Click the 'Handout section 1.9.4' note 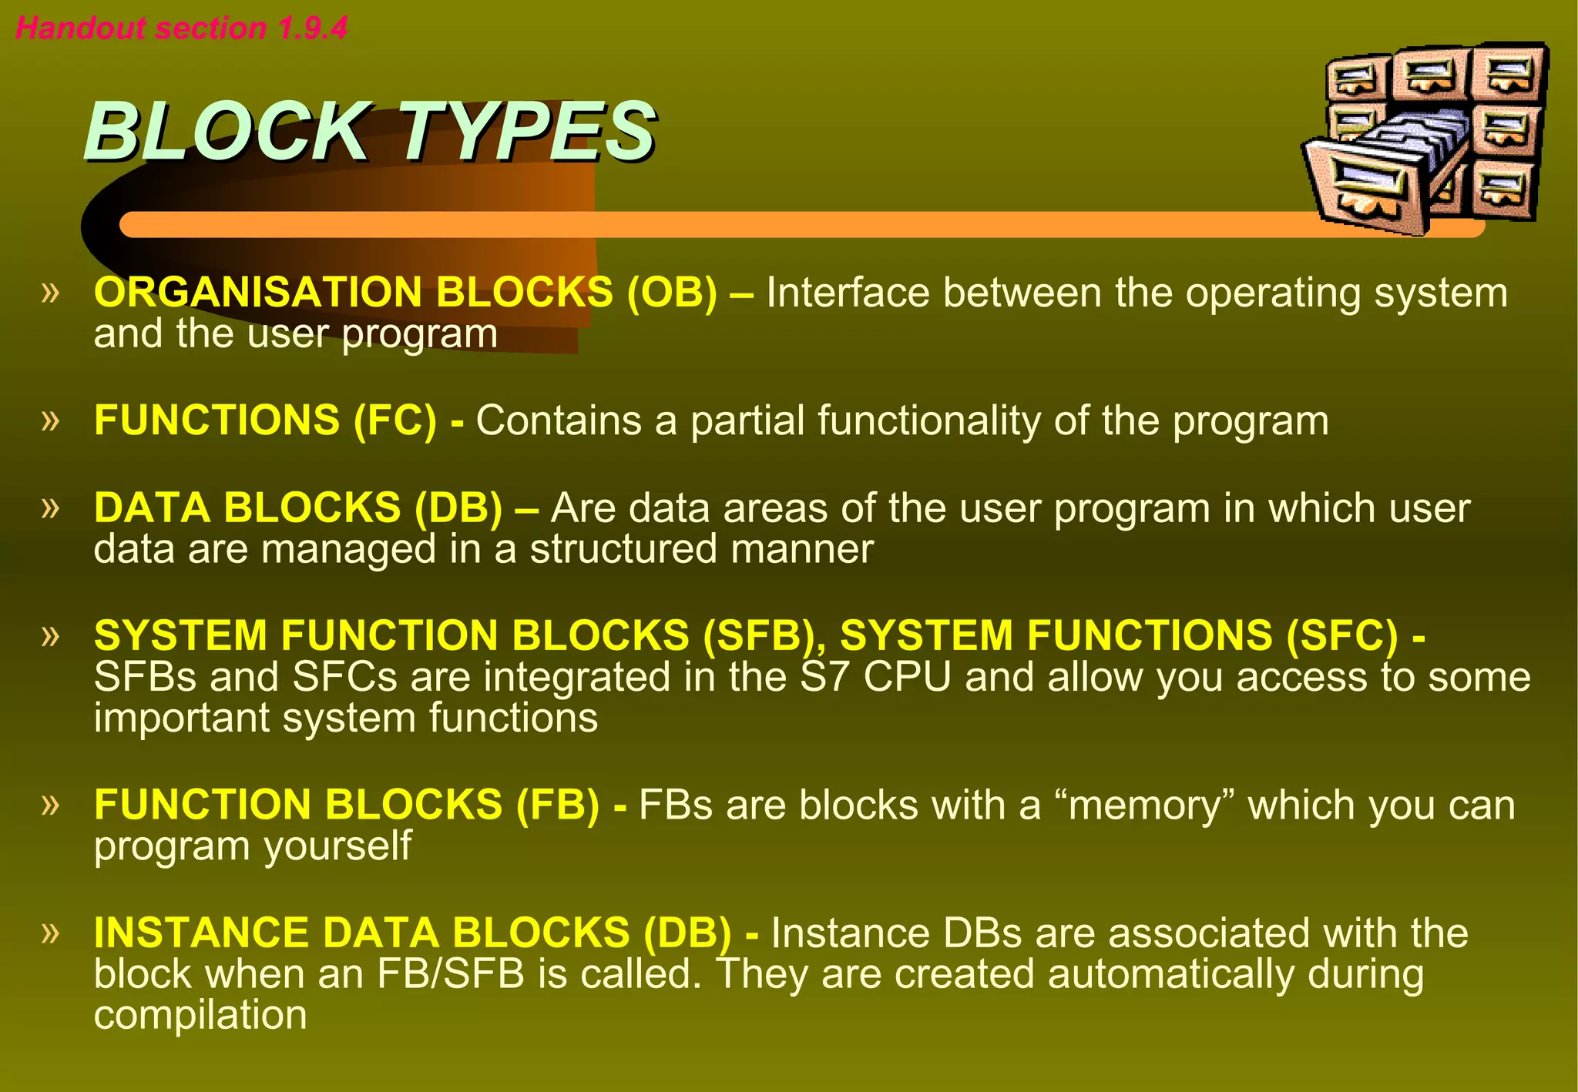coord(181,28)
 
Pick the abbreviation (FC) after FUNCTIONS coord(395,420)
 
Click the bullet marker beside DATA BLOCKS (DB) coord(51,507)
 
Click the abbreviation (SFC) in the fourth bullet coord(1341,635)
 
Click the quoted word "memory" coord(1143,806)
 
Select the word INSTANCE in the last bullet coord(201,933)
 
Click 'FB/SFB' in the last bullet coord(451,974)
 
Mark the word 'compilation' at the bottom coord(200,1015)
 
